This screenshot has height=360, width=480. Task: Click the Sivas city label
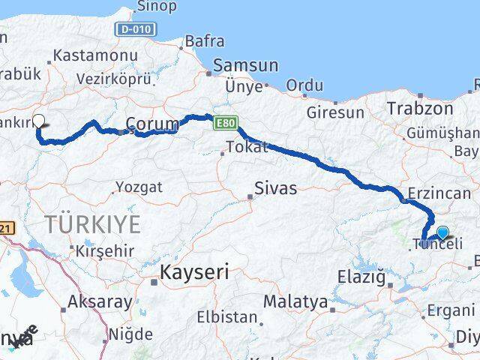point(275,188)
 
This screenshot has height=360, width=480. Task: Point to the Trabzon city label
point(420,109)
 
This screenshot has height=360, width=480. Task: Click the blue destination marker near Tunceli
point(442,232)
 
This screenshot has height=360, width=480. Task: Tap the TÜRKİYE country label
point(92,223)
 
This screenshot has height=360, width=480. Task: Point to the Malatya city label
point(295,303)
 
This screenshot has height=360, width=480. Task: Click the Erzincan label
point(439,195)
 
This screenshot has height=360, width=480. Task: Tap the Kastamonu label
point(95,56)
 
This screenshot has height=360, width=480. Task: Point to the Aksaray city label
point(100,303)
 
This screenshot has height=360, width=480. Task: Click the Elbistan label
point(228,316)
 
